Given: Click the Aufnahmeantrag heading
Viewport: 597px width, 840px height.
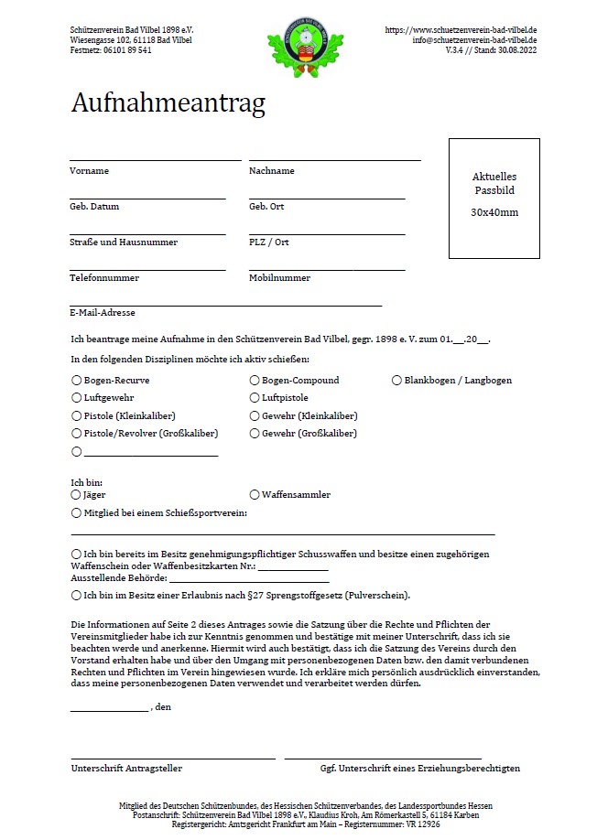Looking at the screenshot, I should coord(168,103).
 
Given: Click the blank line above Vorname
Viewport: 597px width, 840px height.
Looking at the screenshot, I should coord(155,159).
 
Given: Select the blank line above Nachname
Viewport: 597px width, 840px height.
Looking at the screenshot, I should coord(334,159).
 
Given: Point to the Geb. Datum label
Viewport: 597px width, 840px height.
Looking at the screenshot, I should coord(94,207).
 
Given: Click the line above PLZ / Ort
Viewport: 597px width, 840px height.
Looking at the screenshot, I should coord(327,233).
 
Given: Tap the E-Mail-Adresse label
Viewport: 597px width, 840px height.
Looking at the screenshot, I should coord(103,313).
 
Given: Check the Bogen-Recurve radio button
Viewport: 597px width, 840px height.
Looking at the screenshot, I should coord(76,380).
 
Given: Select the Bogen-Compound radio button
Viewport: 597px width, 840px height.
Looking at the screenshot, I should coord(255,380).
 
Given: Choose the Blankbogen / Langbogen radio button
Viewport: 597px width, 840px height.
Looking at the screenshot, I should coord(396,380).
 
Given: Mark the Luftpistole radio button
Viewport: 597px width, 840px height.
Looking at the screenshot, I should coord(255,398).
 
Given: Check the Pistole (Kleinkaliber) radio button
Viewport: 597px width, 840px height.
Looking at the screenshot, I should coord(76,415).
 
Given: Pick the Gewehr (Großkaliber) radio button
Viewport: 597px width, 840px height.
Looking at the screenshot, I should coord(255,434).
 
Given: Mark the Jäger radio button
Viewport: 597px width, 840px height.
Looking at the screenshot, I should coord(76,495).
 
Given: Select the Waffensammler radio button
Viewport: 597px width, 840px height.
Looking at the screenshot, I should coord(255,495).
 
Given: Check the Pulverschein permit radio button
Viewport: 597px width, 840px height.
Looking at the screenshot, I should coord(76,596).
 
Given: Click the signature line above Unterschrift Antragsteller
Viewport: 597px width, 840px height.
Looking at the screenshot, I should coord(173,758).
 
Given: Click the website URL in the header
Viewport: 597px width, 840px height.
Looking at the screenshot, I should coord(461,30).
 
